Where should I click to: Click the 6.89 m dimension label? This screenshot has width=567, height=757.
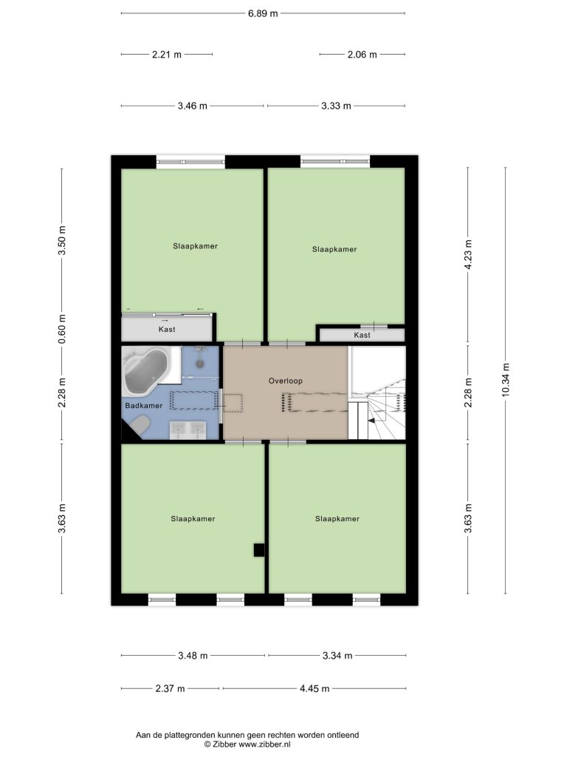point(263,13)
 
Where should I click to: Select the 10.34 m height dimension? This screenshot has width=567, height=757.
point(506,380)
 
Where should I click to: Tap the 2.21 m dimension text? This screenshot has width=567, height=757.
point(167,55)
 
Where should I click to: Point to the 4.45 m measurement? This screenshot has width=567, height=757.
point(315,688)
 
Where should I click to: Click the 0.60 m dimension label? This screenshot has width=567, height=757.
point(62,329)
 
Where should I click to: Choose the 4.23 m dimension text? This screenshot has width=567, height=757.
point(468,255)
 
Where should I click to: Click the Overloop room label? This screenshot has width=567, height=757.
point(286,381)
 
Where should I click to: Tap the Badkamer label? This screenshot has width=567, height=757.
point(144,406)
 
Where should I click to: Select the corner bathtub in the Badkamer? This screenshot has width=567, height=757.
point(146,370)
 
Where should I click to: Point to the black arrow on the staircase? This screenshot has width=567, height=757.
point(372,421)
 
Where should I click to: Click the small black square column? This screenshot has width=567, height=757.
point(259,550)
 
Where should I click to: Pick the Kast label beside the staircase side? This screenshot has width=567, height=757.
point(362,335)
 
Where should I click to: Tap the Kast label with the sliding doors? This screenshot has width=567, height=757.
point(167,329)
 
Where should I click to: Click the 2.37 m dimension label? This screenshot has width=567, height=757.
point(170,688)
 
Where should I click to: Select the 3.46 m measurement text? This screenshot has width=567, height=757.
point(193,106)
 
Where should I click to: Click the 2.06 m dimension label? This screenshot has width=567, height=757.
point(362,55)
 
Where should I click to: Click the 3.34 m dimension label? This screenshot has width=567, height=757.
point(337,656)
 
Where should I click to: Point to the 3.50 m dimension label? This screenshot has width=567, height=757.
point(62,240)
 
